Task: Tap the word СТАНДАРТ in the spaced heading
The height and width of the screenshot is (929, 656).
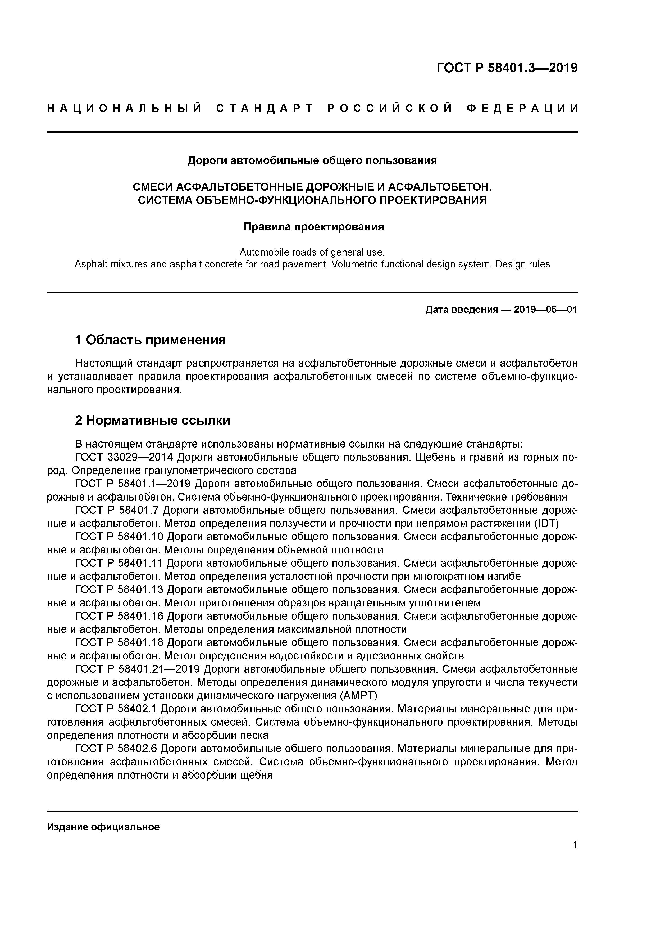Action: pyautogui.click(x=265, y=108)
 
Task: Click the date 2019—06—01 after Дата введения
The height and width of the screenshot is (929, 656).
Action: pyautogui.click(x=546, y=310)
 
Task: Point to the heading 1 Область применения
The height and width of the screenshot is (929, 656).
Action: pyautogui.click(x=150, y=340)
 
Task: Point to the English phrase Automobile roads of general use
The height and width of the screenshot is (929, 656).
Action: pyautogui.click(x=312, y=252)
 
